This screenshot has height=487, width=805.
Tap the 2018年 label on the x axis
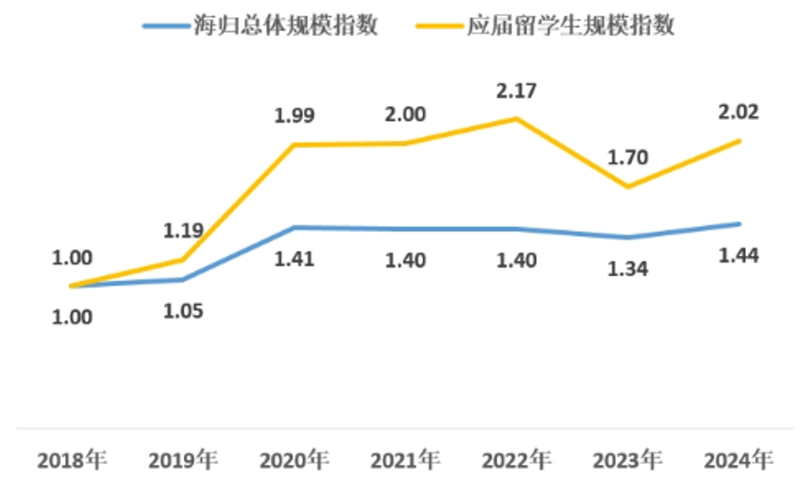point(73,460)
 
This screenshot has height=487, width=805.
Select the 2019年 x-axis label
point(184,460)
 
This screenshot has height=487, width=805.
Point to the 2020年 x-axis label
point(294,460)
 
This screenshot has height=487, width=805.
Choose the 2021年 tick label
point(405,460)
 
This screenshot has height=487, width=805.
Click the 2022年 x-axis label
point(516,460)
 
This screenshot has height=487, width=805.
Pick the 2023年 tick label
point(627,460)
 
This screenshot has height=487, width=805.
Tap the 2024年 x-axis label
point(738,460)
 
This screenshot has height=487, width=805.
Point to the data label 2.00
point(404,115)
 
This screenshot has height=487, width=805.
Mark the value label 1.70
point(627,157)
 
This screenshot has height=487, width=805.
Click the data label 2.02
point(738,111)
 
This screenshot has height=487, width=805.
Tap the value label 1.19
point(184,230)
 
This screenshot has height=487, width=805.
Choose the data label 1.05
point(184,310)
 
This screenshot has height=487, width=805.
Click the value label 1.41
point(294,260)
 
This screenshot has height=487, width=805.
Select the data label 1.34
point(627,269)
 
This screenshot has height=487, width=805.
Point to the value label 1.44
point(738,256)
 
